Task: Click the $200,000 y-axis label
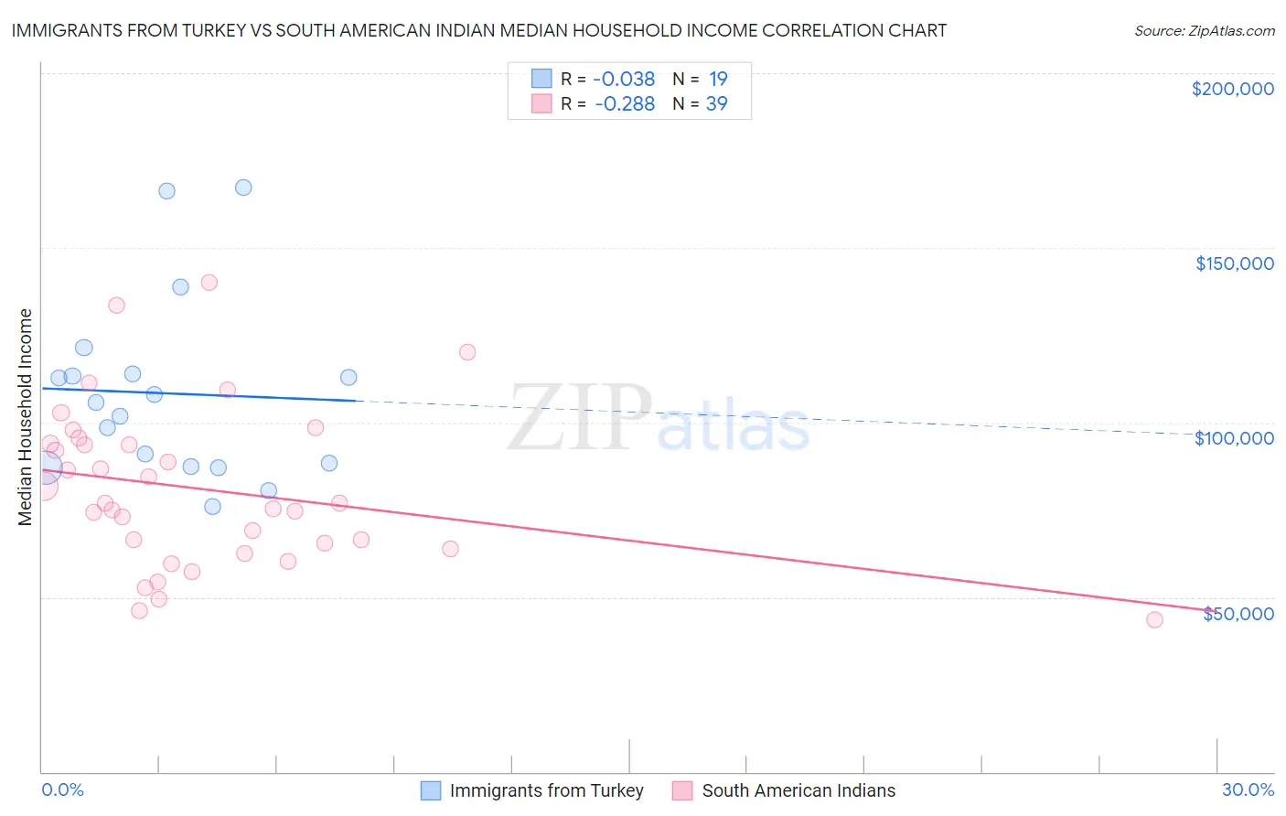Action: click(x=1232, y=89)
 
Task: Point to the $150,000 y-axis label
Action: click(x=1234, y=263)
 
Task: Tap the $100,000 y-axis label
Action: click(x=1234, y=438)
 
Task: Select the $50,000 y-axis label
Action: click(x=1238, y=614)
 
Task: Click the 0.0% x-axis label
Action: click(x=62, y=789)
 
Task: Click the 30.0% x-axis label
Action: click(x=1248, y=789)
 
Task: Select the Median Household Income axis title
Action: click(x=26, y=417)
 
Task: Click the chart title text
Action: click(x=478, y=30)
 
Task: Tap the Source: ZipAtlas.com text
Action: click(x=1204, y=31)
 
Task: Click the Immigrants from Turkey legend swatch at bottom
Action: click(x=431, y=790)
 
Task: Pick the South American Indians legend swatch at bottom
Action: click(x=682, y=790)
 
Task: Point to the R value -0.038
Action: click(x=625, y=80)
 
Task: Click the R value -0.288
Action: click(x=625, y=104)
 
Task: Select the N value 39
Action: click(x=716, y=104)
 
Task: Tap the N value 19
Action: click(x=718, y=80)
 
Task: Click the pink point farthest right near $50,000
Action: click(x=1154, y=620)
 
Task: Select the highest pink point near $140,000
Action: click(x=209, y=283)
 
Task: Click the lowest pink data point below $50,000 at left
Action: click(x=139, y=610)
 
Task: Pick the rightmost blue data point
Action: click(x=348, y=377)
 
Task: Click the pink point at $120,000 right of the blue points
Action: click(x=467, y=352)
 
